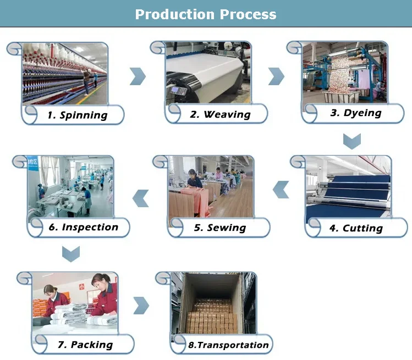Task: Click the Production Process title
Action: click(x=206, y=14)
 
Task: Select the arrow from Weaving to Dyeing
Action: click(x=276, y=76)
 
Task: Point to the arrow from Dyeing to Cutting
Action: click(x=351, y=141)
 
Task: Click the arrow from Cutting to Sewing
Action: click(x=281, y=190)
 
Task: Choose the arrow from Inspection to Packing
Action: click(x=70, y=253)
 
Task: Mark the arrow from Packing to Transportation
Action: click(x=141, y=306)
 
